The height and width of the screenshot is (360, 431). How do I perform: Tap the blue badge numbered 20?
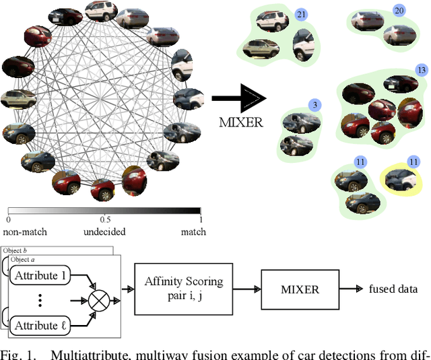[399, 11]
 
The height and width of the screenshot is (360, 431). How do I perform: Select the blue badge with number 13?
[422, 70]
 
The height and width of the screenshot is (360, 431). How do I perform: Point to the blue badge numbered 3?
[314, 105]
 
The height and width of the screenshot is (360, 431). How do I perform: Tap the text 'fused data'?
[393, 289]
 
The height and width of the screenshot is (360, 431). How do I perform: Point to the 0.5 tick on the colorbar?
[104, 220]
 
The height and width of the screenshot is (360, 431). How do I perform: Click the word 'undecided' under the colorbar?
[105, 232]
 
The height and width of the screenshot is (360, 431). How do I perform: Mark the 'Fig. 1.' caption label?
[15, 354]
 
